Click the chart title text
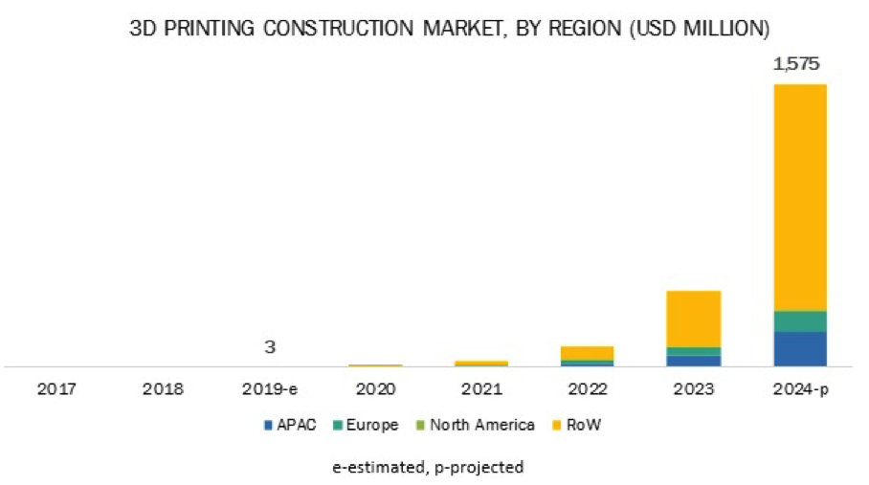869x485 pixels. tap(450, 29)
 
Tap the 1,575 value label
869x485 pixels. tap(798, 65)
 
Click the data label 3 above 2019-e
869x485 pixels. tap(270, 346)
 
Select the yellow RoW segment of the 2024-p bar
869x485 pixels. tap(799, 196)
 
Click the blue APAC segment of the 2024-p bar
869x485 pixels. tap(799, 349)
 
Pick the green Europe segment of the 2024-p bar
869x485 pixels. tap(799, 321)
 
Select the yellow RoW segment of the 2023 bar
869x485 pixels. tap(693, 318)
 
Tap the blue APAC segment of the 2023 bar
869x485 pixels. tap(693, 361)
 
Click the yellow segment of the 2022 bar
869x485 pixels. tap(587, 353)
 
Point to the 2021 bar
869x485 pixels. tap(481, 364)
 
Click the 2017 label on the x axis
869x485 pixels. tap(58, 390)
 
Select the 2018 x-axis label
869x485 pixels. tap(164, 390)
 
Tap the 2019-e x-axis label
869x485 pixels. tap(270, 390)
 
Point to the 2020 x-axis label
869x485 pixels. tap(375, 390)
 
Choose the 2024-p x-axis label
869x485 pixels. tap(799, 390)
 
